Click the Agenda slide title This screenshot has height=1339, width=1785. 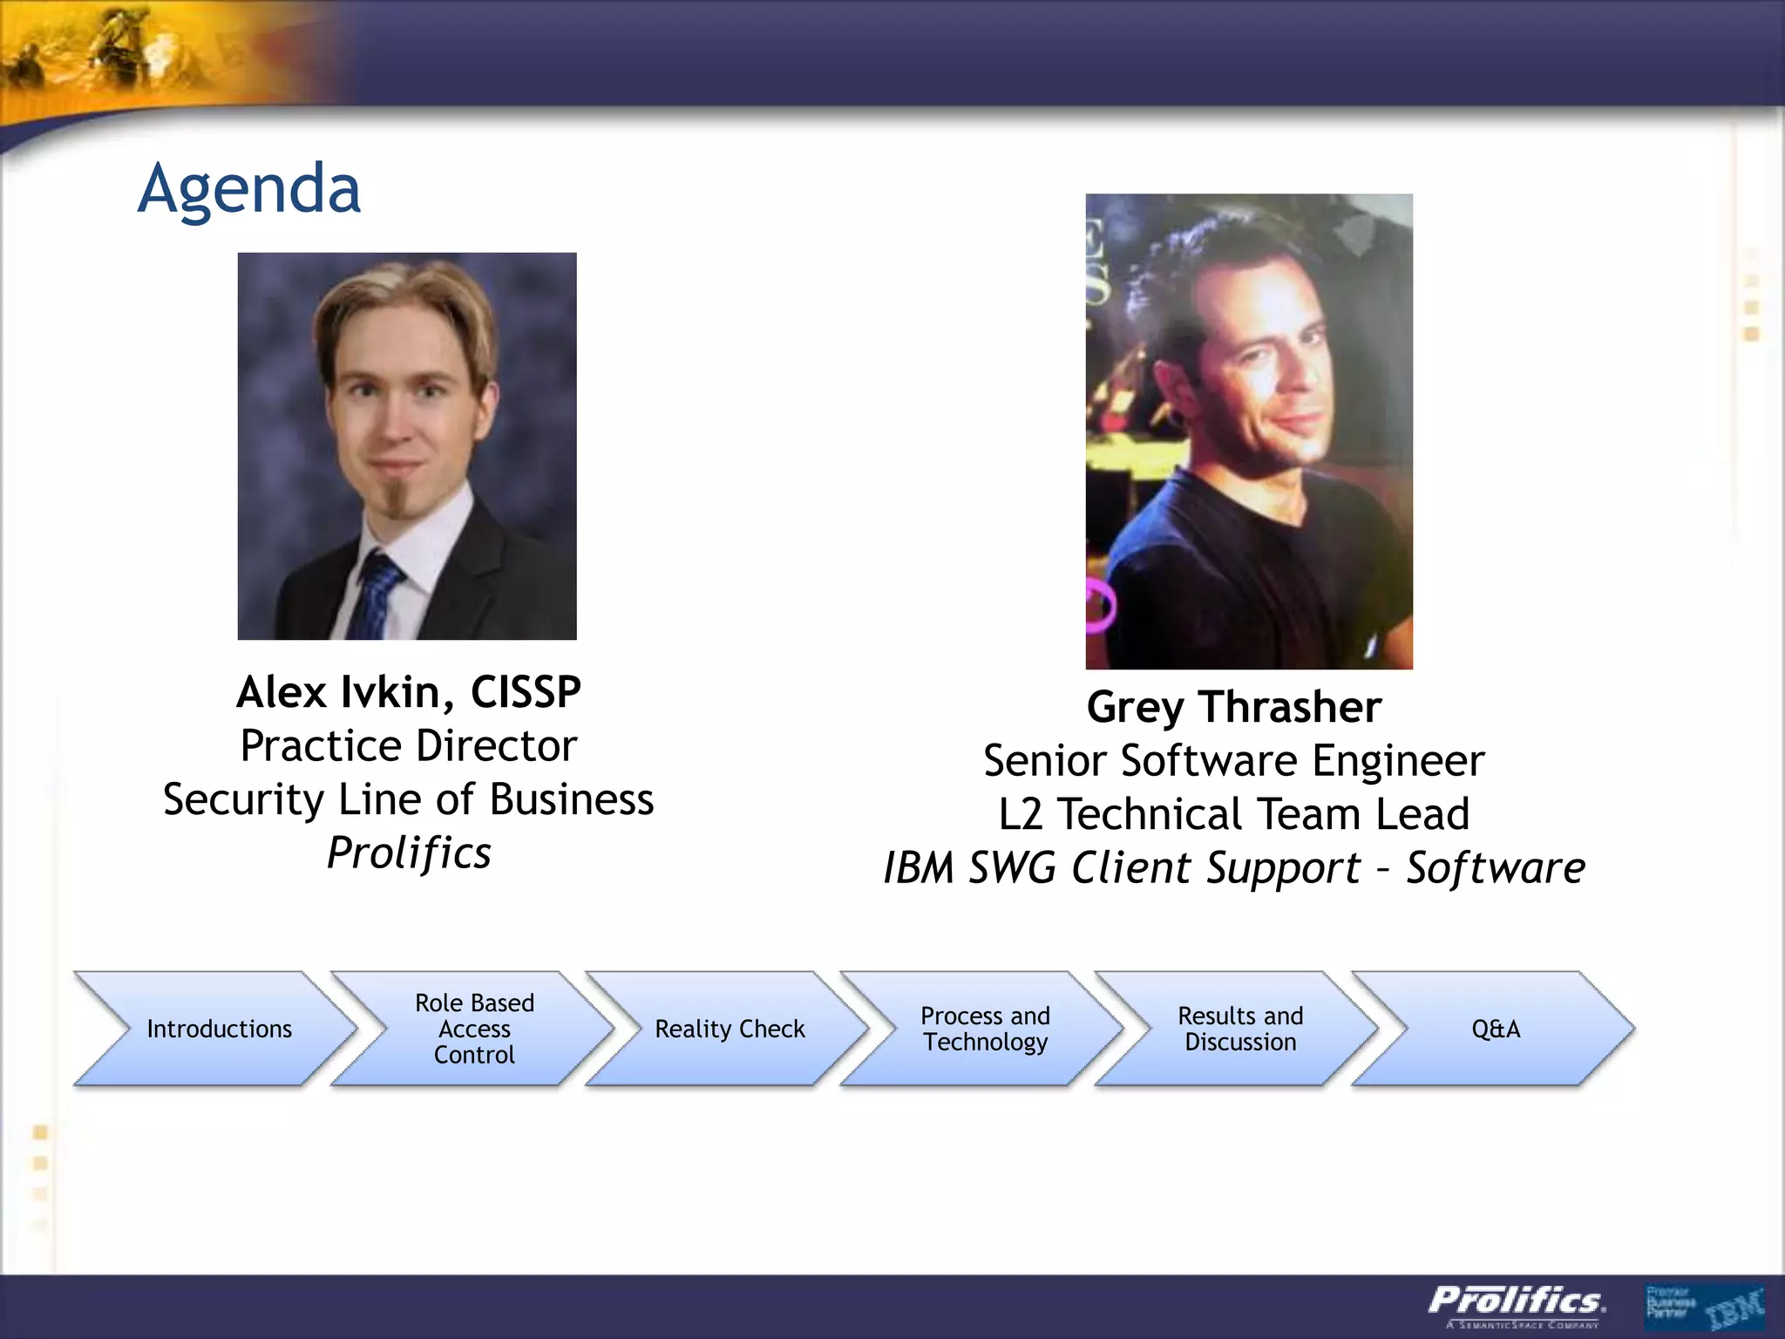coord(249,189)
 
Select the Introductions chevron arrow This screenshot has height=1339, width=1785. coord(218,1029)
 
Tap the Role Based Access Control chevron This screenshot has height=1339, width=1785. coord(474,1029)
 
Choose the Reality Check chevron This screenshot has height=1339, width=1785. coord(730,1029)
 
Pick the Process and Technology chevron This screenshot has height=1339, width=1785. coord(985,1029)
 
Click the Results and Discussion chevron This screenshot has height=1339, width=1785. coord(1240,1029)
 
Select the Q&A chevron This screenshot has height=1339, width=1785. coord(1496,1029)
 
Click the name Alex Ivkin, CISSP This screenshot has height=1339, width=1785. coord(409,692)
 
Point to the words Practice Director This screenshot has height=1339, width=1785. coord(409,746)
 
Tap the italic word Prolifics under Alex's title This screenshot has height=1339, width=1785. coord(409,853)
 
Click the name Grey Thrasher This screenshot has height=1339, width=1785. coord(1234,707)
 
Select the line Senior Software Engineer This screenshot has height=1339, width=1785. coord(1234,761)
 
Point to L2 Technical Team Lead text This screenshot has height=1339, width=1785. coord(1234,814)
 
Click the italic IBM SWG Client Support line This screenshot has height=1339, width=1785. coord(1234,868)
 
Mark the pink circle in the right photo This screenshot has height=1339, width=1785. coord(1100,604)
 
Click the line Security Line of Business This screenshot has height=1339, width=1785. coord(409,799)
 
